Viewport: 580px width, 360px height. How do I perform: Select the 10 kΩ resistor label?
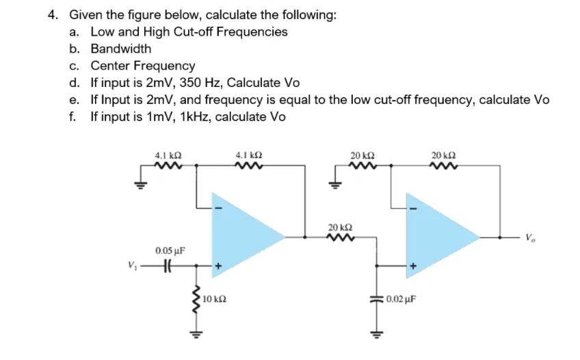pyautogui.click(x=215, y=299)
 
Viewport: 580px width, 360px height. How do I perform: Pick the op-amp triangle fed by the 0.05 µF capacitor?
pyautogui.click(x=243, y=235)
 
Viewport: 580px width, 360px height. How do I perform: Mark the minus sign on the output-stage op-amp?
pyautogui.click(x=412, y=207)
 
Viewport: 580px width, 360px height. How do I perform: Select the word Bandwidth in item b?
pyautogui.click(x=121, y=49)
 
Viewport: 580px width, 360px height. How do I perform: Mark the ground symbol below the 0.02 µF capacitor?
pyautogui.click(x=375, y=336)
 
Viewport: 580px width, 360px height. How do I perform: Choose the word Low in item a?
pyautogui.click(x=101, y=31)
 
